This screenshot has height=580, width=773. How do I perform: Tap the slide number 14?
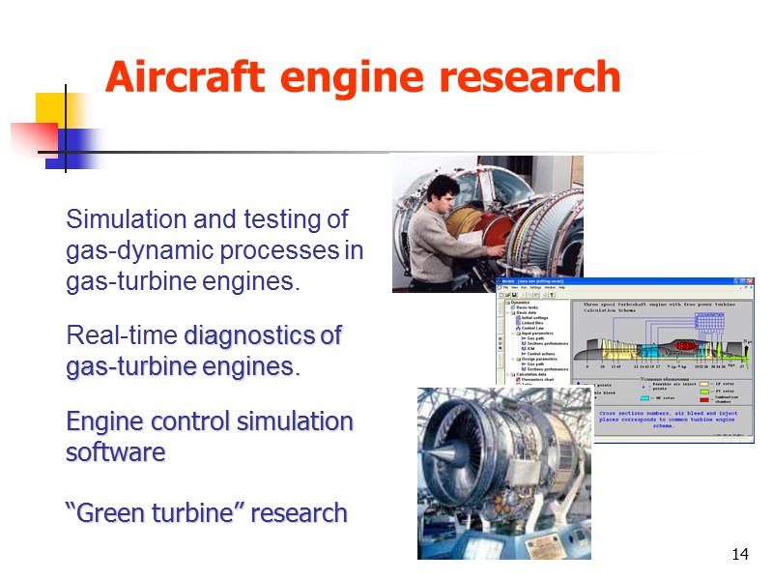click(741, 554)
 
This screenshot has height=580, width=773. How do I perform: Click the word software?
click(115, 452)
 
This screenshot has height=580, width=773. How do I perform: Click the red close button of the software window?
click(749, 281)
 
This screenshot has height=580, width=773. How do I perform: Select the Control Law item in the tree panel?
click(532, 329)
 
